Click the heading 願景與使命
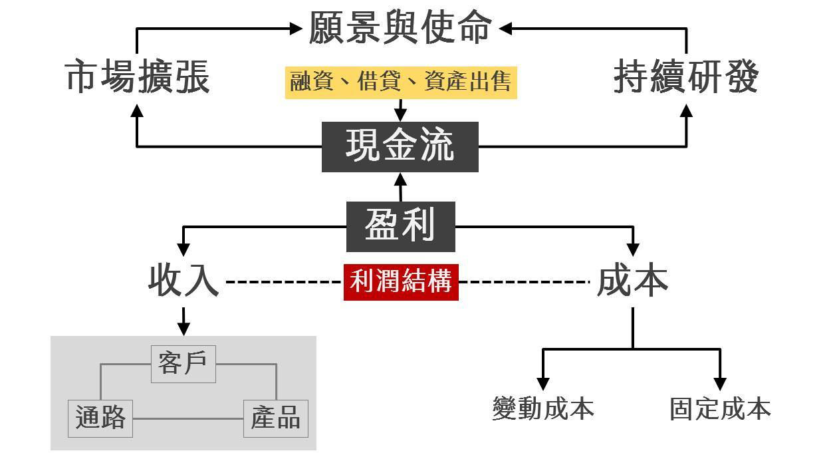tap(400, 29)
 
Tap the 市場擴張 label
tap(137, 78)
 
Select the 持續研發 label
tap(685, 78)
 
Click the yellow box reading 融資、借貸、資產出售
tap(401, 82)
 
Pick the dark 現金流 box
tap(400, 147)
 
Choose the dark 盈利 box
tap(400, 226)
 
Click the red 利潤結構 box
tap(401, 282)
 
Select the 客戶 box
tap(183, 364)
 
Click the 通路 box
tap(100, 418)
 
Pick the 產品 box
tap(276, 418)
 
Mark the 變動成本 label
tap(543, 408)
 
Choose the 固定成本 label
tap(720, 408)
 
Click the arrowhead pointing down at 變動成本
tap(543, 383)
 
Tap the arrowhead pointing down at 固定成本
tap(720, 383)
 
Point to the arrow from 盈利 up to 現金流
tap(400, 187)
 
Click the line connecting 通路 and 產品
tap(188, 418)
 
